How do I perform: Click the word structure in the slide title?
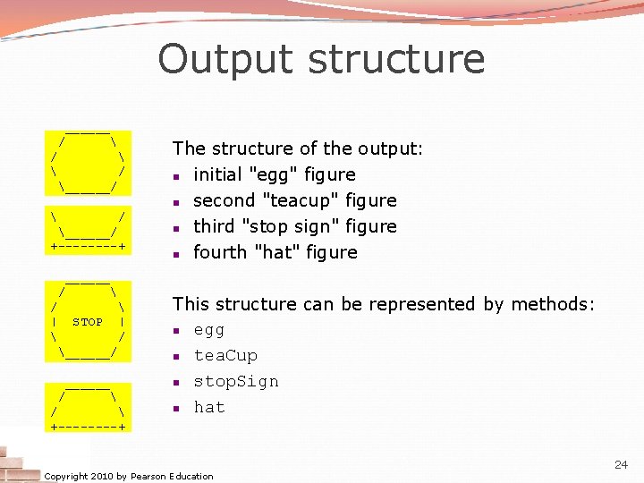pyautogui.click(x=396, y=59)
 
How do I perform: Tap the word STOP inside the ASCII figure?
pyautogui.click(x=88, y=322)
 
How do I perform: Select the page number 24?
pyautogui.click(x=621, y=465)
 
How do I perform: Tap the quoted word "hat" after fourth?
pyautogui.click(x=279, y=252)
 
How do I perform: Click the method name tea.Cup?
pyautogui.click(x=225, y=356)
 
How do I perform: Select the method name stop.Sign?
pyautogui.click(x=236, y=382)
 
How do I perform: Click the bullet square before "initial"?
pyautogui.click(x=179, y=175)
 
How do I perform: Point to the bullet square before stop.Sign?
pyautogui.click(x=179, y=382)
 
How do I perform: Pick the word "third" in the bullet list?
pyautogui.click(x=215, y=226)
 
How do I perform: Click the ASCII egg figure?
pyautogui.click(x=88, y=162)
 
